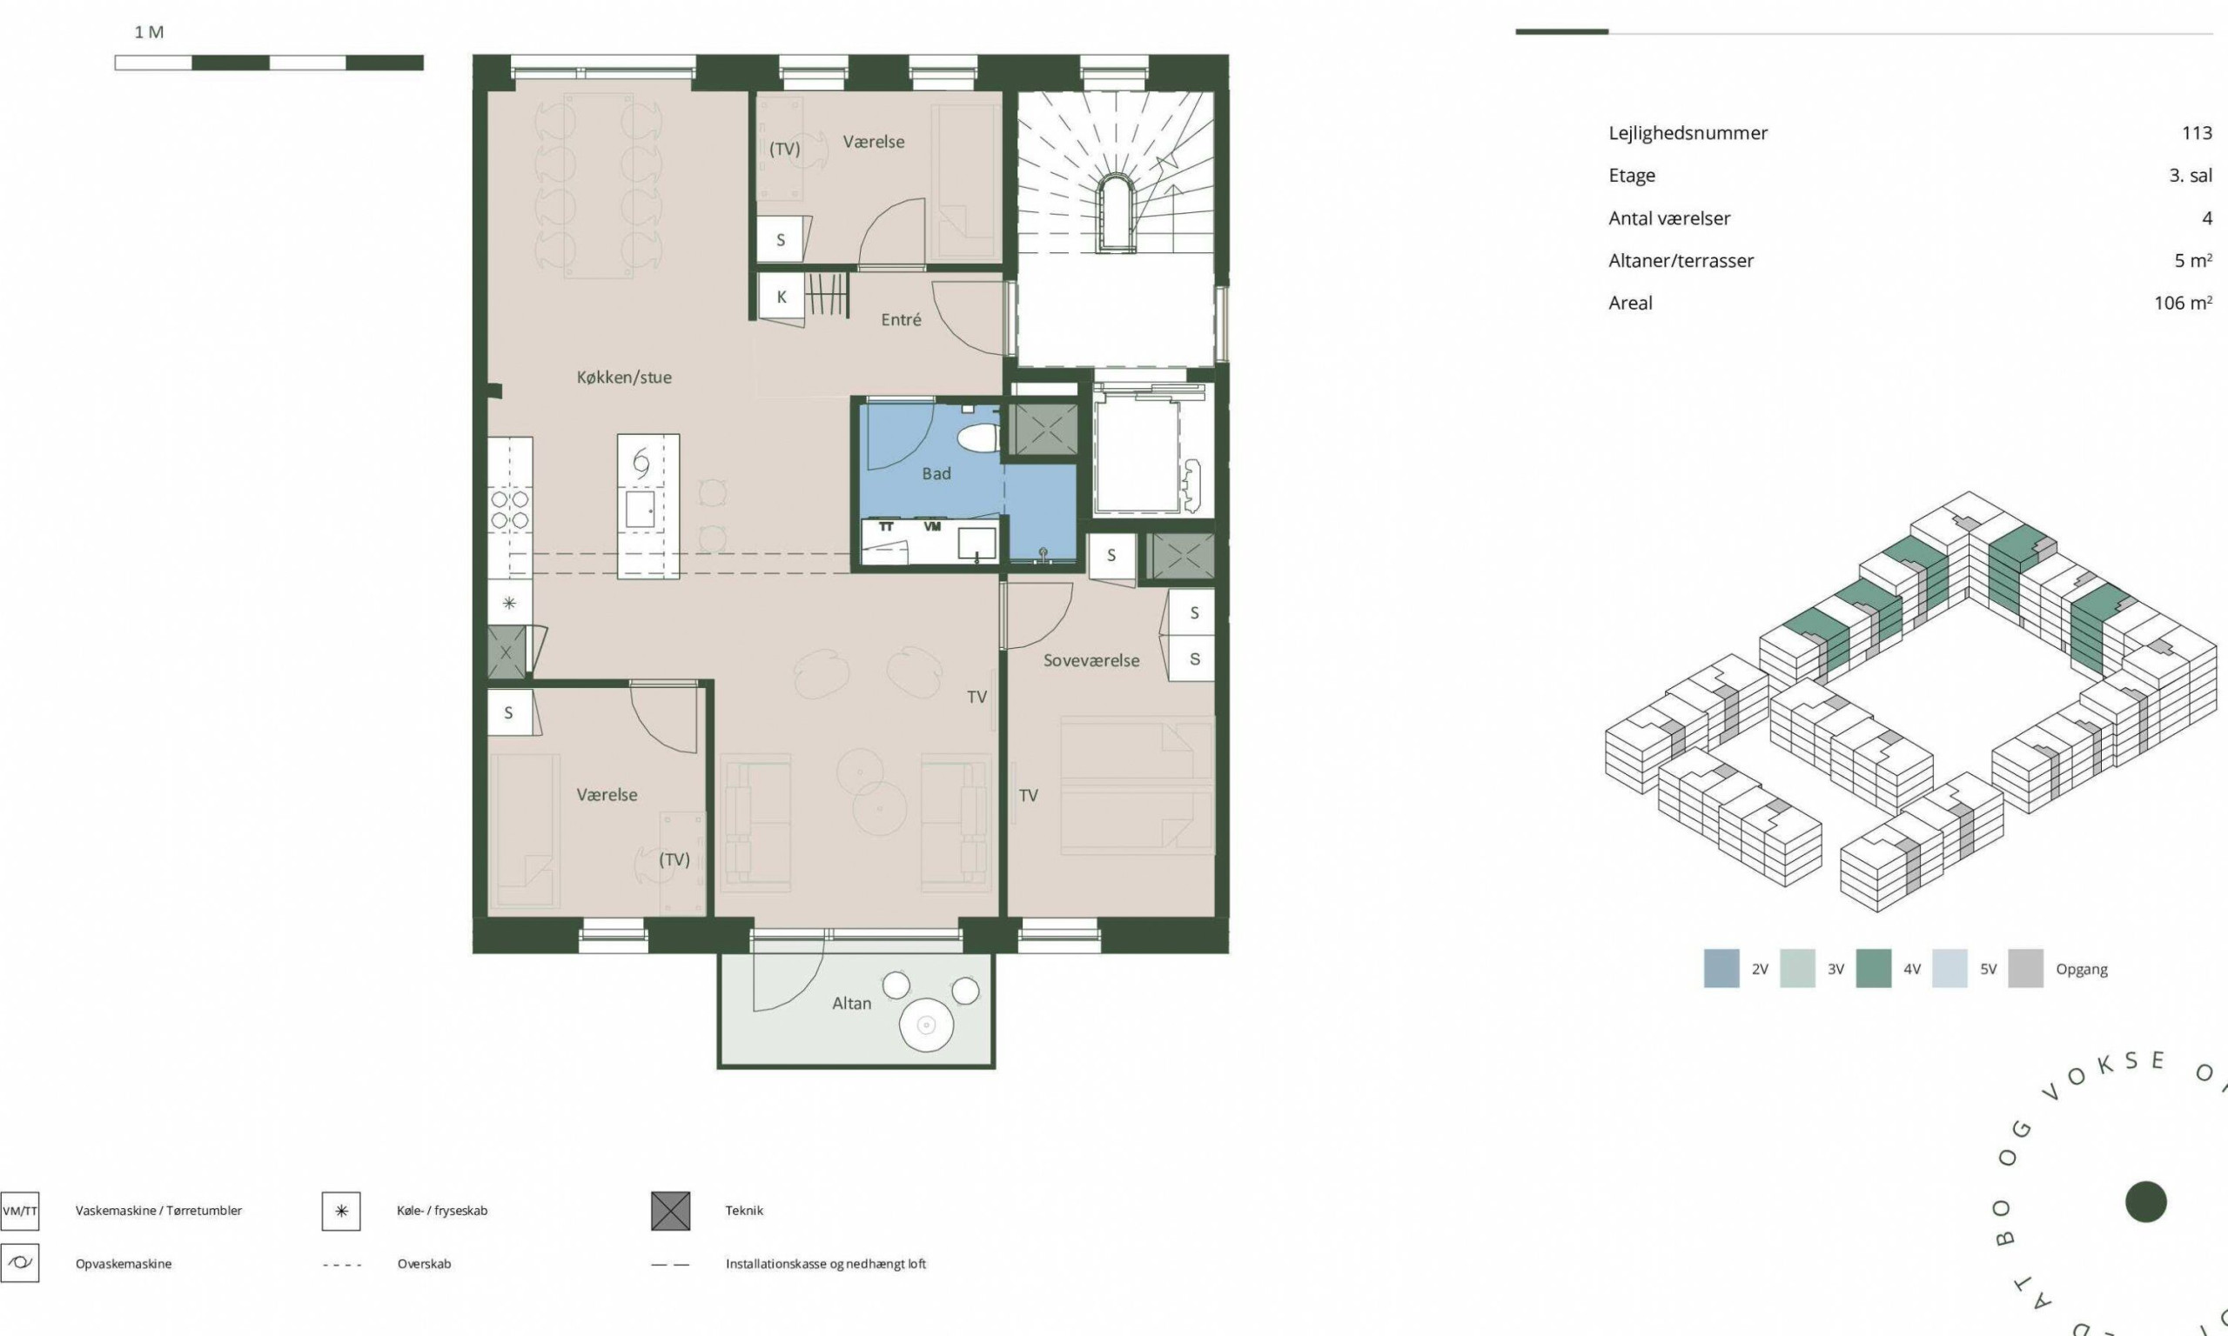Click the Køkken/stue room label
click(624, 377)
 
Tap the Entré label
click(901, 319)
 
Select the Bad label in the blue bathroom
click(936, 473)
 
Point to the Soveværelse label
click(1091, 660)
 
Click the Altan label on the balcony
click(851, 1003)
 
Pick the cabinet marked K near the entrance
click(781, 297)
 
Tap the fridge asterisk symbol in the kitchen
click(510, 603)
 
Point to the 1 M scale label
click(149, 32)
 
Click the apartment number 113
click(2197, 133)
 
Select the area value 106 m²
click(2183, 303)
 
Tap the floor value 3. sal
click(2191, 176)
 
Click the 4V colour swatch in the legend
click(1873, 969)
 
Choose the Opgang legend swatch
click(2025, 969)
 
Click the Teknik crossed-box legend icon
click(671, 1211)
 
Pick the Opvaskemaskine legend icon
click(19, 1263)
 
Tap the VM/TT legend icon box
click(19, 1211)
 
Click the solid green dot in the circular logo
click(2146, 1202)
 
